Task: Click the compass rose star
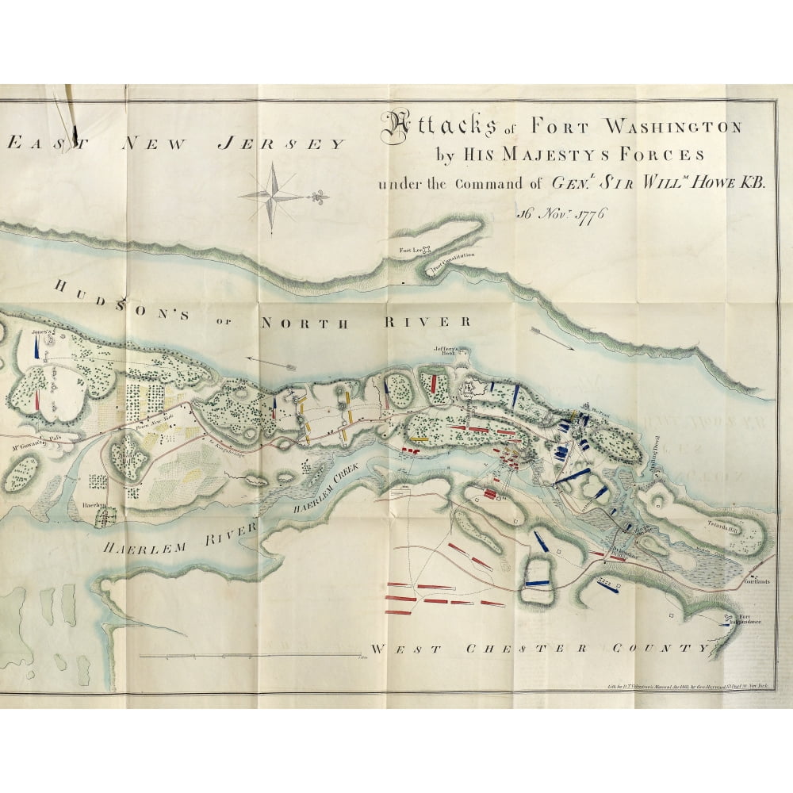[272, 193]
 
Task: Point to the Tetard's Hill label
[723, 524]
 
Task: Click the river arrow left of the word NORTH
[269, 363]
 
